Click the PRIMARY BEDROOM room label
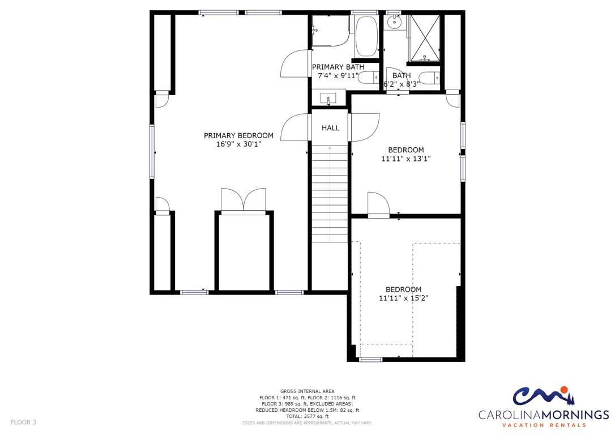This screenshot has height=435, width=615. (238, 136)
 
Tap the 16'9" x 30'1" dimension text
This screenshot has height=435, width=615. (238, 144)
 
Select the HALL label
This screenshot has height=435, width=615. (330, 128)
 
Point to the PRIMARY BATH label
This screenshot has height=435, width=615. (338, 67)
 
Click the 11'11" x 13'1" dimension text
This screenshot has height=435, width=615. (406, 159)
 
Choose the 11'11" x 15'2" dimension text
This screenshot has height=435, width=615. (403, 298)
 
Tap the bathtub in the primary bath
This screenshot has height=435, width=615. (366, 37)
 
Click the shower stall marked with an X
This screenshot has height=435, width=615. (424, 38)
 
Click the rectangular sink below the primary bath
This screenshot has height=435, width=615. (328, 97)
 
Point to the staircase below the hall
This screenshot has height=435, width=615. (330, 194)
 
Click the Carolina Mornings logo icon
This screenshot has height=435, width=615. (543, 395)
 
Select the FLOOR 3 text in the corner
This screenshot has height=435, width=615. (23, 423)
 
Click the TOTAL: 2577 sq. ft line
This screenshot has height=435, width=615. (307, 416)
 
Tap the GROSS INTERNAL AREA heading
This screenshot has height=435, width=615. (307, 391)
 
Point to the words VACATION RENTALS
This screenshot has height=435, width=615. (544, 425)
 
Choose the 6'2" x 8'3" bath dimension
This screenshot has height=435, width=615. (402, 84)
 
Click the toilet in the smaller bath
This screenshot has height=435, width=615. (429, 78)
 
